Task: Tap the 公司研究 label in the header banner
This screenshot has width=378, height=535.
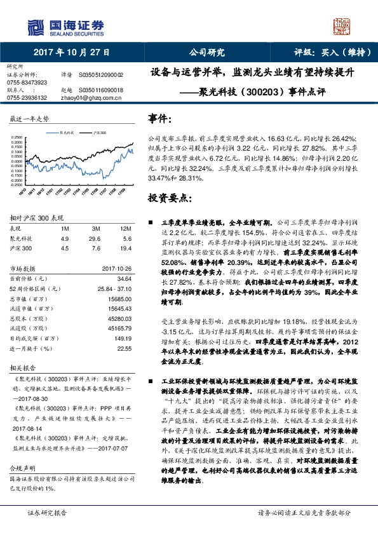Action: tap(206, 53)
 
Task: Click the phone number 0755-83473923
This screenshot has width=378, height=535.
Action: tap(27, 83)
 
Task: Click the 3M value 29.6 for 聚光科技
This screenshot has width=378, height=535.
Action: tap(96, 238)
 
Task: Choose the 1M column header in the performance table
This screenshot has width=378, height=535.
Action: tap(65, 228)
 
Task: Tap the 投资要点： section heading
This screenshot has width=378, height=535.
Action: tap(168, 198)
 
